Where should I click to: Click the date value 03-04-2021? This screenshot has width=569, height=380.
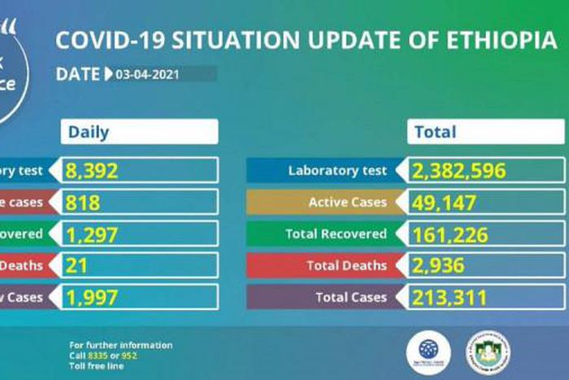tap(147, 75)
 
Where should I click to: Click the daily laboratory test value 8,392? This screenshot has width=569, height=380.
tap(93, 170)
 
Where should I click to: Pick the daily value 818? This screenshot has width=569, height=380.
tap(84, 202)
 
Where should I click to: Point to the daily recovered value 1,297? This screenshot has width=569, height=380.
tap(93, 234)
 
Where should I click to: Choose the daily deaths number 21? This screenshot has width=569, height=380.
tap(78, 265)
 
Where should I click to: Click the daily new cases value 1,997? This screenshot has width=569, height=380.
tap(93, 297)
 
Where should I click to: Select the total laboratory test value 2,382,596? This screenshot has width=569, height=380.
tap(459, 170)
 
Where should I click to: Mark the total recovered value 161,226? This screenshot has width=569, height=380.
tap(451, 234)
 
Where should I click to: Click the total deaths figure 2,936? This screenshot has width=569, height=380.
tap(440, 265)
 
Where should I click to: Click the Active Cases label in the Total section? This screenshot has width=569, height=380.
tap(347, 202)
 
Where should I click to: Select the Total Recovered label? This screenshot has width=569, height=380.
tap(336, 234)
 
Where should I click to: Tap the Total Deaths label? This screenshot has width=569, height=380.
tap(345, 265)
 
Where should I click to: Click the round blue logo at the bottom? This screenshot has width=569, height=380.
tap(428, 352)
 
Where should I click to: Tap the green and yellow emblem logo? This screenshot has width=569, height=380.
tap(488, 352)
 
